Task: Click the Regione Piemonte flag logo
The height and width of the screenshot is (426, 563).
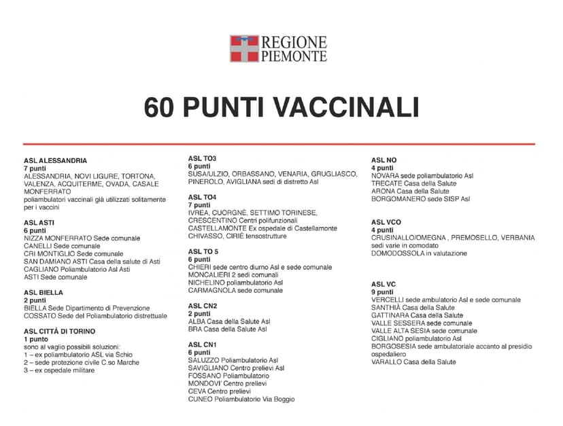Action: point(243,48)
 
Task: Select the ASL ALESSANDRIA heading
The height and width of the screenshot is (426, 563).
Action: point(56,161)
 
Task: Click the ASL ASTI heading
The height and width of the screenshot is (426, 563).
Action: point(40,223)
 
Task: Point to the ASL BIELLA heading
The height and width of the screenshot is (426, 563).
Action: point(44,293)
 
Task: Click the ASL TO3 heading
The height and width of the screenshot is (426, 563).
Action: point(202,159)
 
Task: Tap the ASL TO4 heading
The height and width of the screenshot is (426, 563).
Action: point(202,198)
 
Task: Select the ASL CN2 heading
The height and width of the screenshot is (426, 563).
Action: point(202,306)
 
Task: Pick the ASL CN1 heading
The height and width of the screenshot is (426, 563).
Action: point(202,345)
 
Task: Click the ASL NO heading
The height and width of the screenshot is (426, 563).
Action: point(383,160)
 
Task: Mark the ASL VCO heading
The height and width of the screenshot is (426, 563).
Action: point(386,222)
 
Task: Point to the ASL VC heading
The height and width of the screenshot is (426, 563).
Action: point(383,284)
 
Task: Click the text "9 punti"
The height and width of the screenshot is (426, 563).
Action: point(384,292)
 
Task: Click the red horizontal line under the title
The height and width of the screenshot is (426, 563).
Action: point(279,144)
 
